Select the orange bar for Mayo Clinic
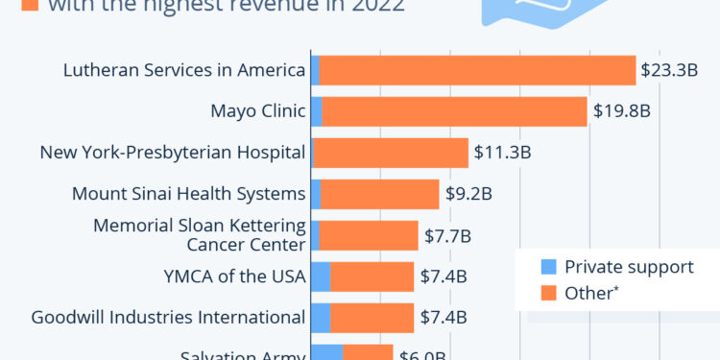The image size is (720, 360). (x=454, y=111)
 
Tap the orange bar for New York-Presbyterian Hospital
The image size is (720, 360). (x=391, y=153)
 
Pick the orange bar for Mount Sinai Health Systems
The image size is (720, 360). (x=379, y=194)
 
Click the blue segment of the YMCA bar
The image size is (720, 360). (x=321, y=276)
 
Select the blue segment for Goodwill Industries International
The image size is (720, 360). (x=321, y=318)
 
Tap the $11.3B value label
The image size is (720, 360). (x=500, y=153)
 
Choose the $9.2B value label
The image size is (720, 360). (x=468, y=194)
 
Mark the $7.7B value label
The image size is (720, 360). (x=448, y=235)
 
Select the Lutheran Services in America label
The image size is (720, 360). (x=183, y=70)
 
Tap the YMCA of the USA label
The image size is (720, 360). (x=235, y=276)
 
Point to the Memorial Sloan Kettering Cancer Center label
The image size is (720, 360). (x=199, y=235)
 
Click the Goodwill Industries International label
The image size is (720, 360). (x=168, y=318)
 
